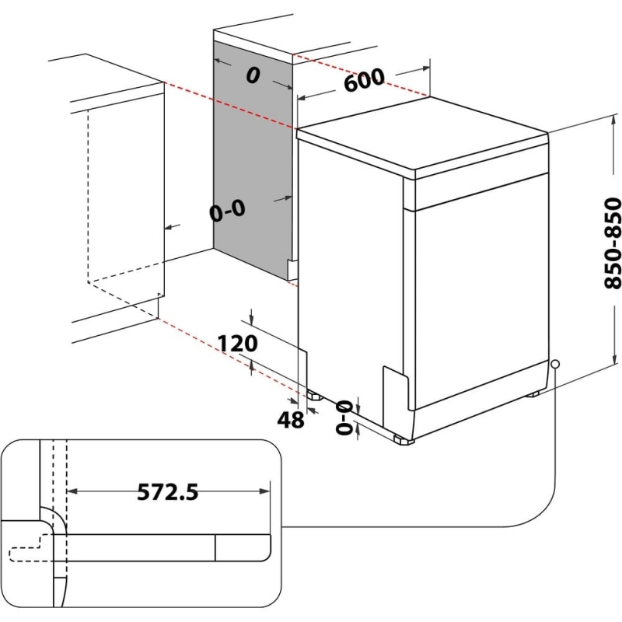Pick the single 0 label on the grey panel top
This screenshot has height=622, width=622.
[x=251, y=75]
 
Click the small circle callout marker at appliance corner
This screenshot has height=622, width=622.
[x=555, y=364]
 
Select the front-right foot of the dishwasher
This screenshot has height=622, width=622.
[x=404, y=440]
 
